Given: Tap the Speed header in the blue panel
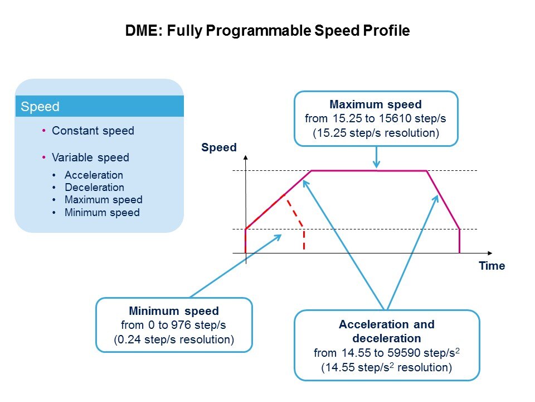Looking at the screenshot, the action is pyautogui.click(x=40, y=107).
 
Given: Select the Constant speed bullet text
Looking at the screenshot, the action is pyautogui.click(x=93, y=131).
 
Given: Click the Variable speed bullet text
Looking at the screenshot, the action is pyautogui.click(x=90, y=157).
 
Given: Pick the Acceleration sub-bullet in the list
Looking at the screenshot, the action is pyautogui.click(x=94, y=175).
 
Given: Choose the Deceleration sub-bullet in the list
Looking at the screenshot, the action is pyautogui.click(x=95, y=188).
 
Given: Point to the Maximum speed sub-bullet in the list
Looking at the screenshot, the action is pyautogui.click(x=104, y=200).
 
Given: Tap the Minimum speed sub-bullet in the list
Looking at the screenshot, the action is pyautogui.click(x=102, y=213).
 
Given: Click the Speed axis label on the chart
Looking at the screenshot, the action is pyautogui.click(x=218, y=147).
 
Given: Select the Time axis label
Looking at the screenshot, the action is pyautogui.click(x=492, y=266).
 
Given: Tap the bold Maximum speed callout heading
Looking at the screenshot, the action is pyautogui.click(x=376, y=104).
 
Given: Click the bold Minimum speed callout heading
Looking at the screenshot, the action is pyautogui.click(x=174, y=311).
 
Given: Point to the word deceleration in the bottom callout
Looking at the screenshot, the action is pyautogui.click(x=387, y=338).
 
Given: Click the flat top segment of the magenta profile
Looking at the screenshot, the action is pyautogui.click(x=369, y=171).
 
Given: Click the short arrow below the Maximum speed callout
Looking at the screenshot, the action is pyautogui.click(x=376, y=157).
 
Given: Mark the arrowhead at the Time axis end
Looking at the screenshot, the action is pyautogui.click(x=490, y=253).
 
